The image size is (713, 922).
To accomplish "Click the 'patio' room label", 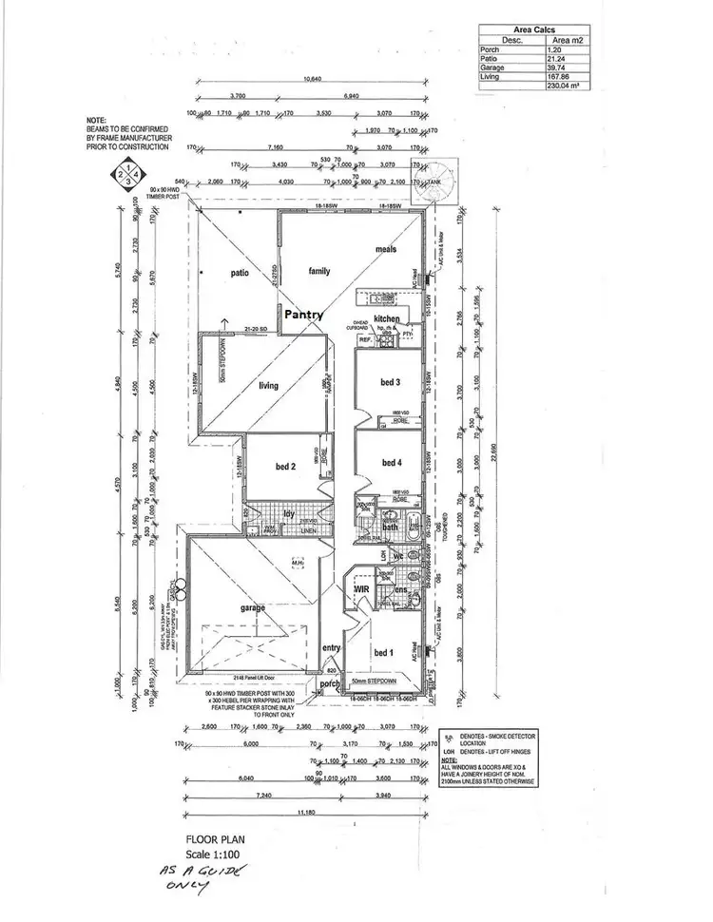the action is pos(239,273).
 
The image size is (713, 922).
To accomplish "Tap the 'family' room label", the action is pos(318,271).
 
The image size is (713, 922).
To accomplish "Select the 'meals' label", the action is pos(385,249).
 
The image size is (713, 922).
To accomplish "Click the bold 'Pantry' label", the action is pos(302,314).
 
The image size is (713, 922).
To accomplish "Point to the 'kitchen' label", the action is pos(387,318).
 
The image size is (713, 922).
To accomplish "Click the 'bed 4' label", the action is pos(393,463).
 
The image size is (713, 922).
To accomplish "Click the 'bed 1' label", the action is pos(383,652).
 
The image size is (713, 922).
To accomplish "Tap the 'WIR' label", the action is pos(361,589).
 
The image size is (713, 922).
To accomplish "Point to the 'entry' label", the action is pos(332,647).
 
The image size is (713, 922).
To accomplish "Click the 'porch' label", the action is pos(330,683).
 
